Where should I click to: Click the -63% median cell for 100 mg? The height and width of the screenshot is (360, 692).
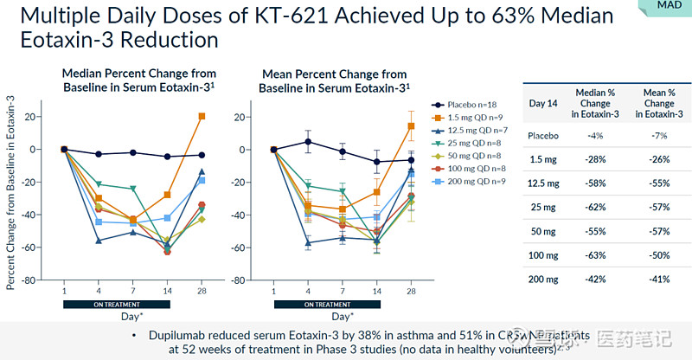pos(594,256)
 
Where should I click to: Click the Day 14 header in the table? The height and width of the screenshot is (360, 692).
pos(542,103)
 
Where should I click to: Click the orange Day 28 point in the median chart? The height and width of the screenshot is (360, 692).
pos(202,116)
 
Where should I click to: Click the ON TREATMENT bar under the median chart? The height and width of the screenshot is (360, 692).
pos(116,305)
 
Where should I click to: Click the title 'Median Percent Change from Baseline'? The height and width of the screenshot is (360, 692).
pos(138,80)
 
